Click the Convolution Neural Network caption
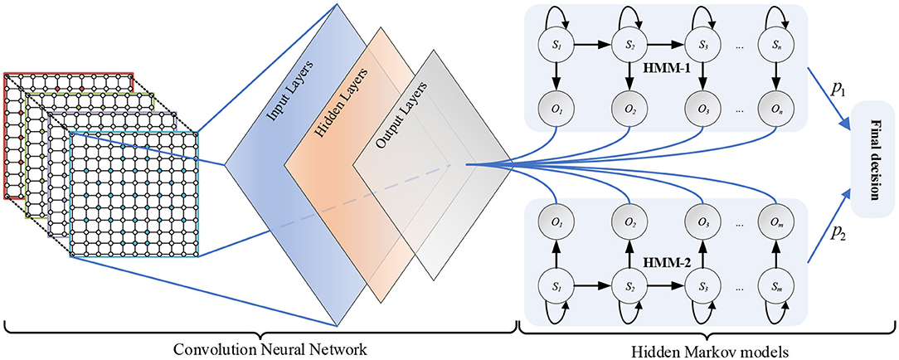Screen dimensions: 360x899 tap(260, 347)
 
